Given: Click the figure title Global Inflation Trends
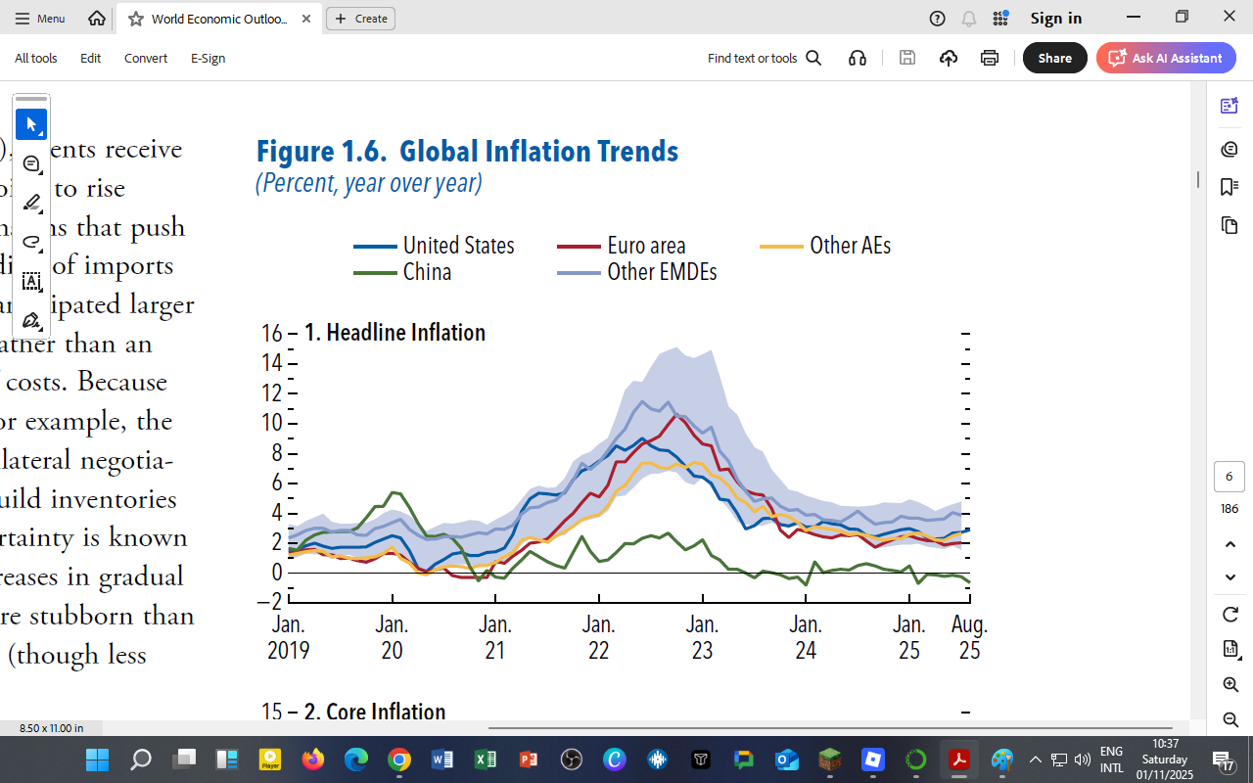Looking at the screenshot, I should point(467,152).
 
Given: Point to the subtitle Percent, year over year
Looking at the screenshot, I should point(369,183).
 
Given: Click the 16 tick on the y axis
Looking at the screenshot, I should point(271,333).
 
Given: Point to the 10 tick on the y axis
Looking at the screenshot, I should point(271,423).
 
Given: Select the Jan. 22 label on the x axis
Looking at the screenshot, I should point(599,637).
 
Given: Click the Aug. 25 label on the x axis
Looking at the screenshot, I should point(969,637).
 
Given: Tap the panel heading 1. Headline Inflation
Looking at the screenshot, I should point(394,333).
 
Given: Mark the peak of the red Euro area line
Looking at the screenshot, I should point(675,415).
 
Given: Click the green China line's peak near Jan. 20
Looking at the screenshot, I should point(394,492).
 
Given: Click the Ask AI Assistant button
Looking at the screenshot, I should point(1166,58).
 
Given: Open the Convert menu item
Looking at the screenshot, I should point(146,58).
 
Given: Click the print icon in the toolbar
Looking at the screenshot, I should point(990,58).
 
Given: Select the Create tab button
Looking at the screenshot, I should point(360,19).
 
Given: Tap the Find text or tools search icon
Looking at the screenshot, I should point(813,58).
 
